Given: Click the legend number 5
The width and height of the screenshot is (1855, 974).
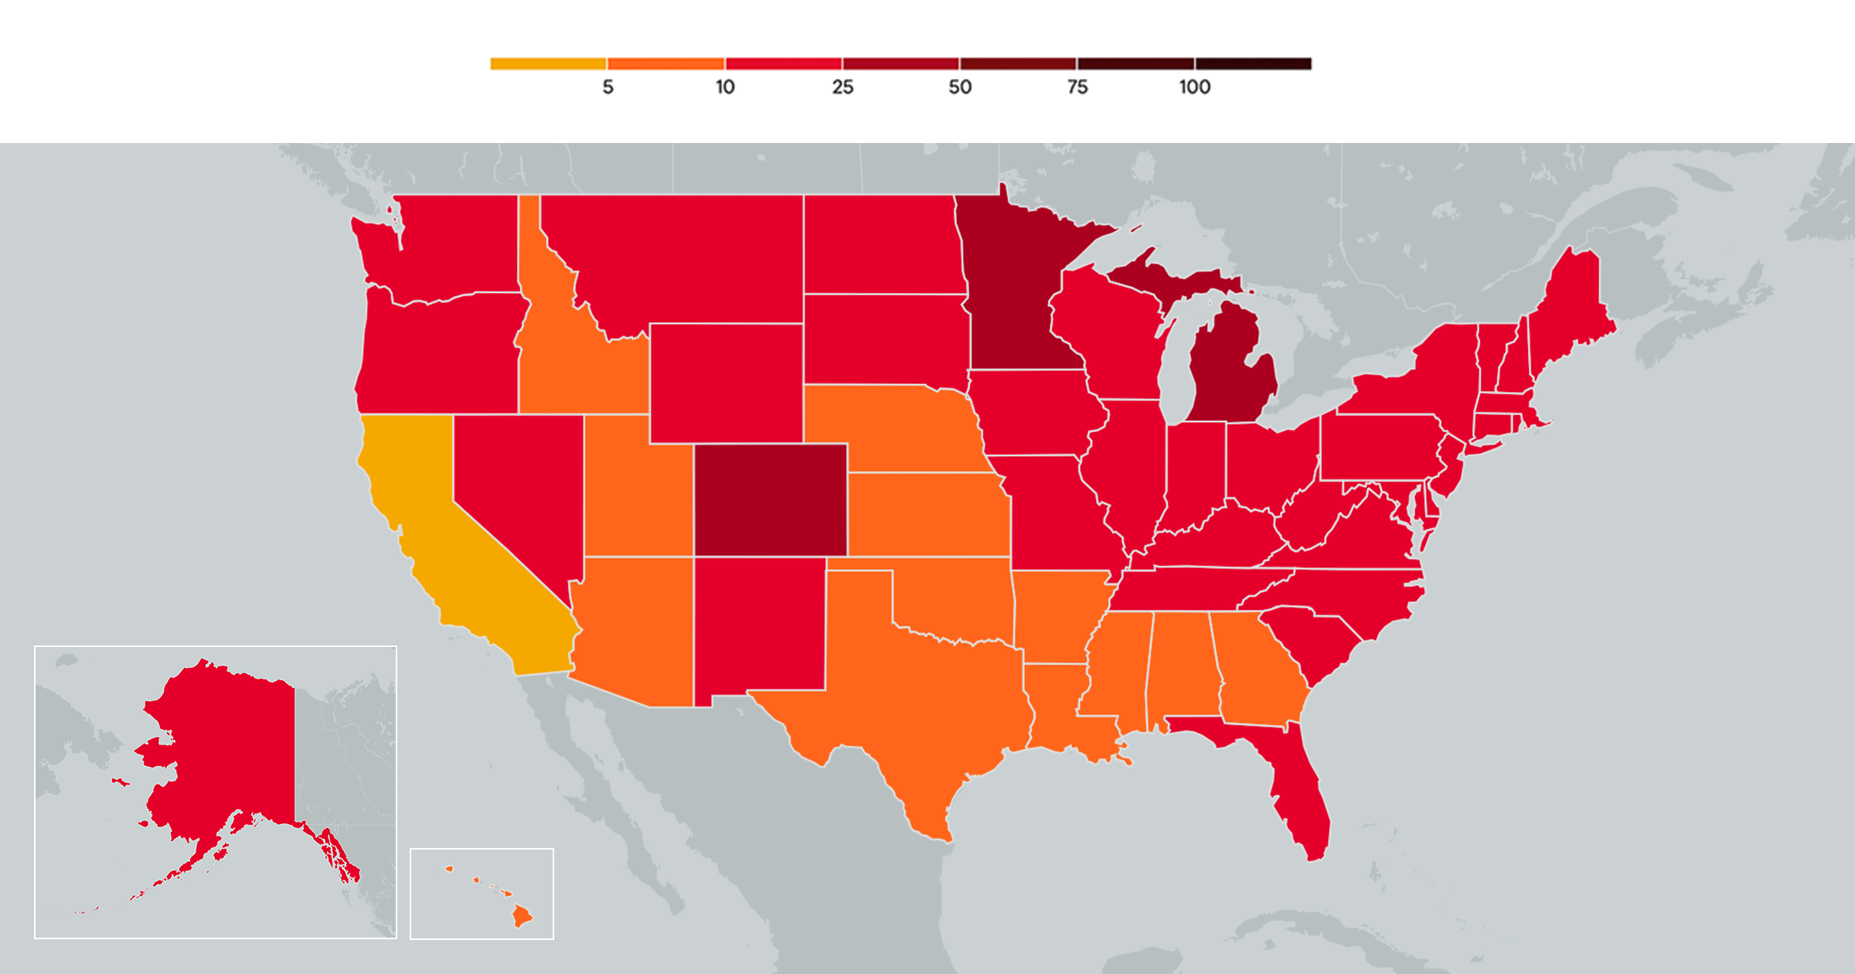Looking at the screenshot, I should coord(608,87).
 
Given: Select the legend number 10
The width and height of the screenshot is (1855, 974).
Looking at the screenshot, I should coord(725,87).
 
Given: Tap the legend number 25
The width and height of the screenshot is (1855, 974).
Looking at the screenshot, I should coord(842,87).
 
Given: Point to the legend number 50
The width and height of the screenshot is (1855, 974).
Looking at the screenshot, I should coord(960,87).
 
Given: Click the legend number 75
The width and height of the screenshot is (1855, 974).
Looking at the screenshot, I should coord(1077,87).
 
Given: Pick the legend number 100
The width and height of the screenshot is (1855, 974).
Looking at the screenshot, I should coord(1194,87).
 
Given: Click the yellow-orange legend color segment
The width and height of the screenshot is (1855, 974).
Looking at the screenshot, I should coord(548,63).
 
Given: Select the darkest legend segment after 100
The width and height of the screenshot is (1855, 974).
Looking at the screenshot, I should coord(1253,63).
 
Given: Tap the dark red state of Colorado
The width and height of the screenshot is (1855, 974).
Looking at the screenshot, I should coord(771,499).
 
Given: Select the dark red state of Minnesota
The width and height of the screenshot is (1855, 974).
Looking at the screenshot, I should coord(1013,294).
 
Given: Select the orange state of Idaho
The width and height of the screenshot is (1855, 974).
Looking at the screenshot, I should coord(572,363).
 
